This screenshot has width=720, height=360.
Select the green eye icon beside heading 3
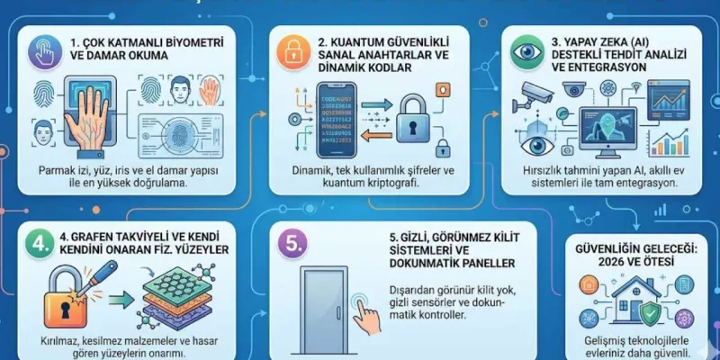(x=525, y=52)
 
